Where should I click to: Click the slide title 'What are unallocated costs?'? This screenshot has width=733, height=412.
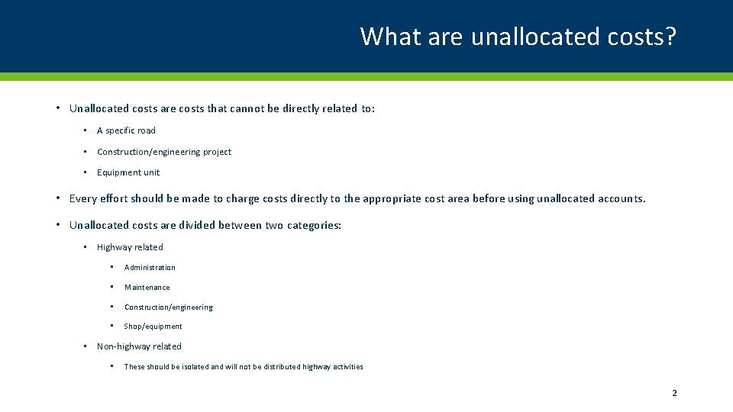(518, 36)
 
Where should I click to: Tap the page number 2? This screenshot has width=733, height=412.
(674, 393)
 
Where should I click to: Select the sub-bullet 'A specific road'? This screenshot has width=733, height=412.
(126, 130)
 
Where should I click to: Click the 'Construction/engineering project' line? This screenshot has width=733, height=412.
(164, 152)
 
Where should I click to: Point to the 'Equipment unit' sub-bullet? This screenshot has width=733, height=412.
(128, 172)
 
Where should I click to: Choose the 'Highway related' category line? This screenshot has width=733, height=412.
(130, 247)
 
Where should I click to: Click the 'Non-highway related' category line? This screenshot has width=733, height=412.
(139, 346)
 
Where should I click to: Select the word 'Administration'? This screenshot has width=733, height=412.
(150, 268)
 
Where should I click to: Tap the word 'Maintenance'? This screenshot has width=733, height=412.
(147, 288)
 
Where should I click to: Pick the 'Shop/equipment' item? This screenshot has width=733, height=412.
(153, 327)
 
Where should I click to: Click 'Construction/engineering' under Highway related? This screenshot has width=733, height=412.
(169, 307)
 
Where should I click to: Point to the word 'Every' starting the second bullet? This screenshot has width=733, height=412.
(82, 198)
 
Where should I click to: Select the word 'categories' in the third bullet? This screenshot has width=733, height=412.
(313, 225)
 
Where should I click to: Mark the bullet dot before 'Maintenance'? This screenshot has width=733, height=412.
(111, 288)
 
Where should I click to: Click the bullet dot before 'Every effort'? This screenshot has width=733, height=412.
(58, 198)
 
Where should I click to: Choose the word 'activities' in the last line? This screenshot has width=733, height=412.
(347, 367)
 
